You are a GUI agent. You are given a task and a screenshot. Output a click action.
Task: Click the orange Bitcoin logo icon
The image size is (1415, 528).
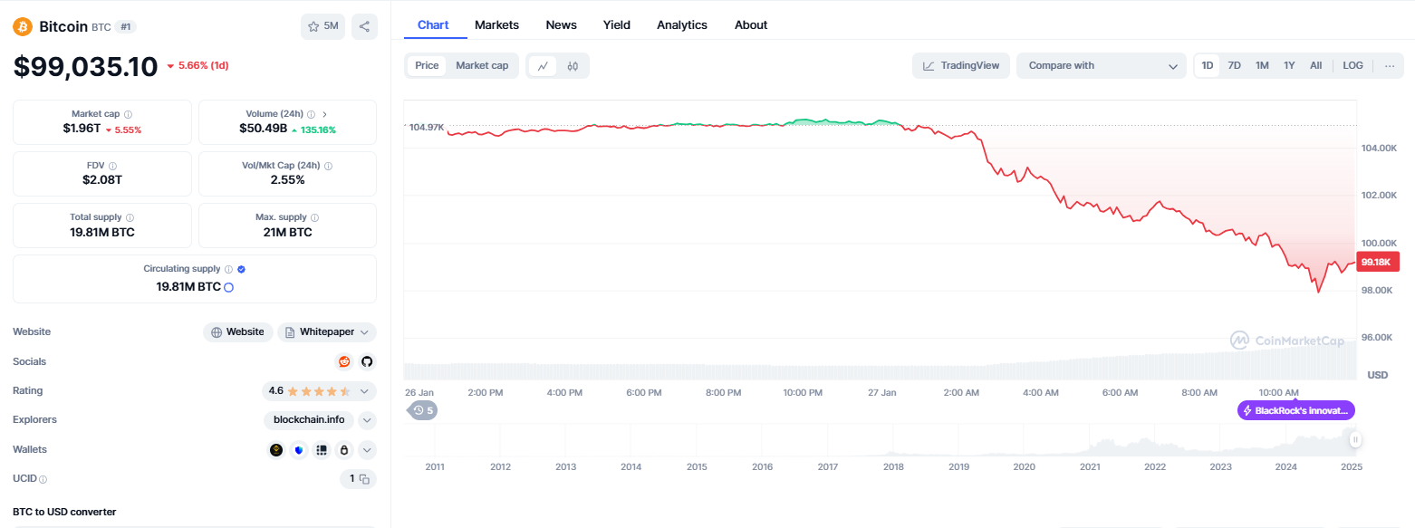23,26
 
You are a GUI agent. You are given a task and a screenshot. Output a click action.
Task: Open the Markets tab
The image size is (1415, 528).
496,25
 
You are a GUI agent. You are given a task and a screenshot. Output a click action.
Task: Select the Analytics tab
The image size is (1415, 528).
681,25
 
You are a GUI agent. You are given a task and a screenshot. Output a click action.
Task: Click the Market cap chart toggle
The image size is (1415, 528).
482,66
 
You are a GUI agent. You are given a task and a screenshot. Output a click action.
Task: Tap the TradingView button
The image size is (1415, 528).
961,66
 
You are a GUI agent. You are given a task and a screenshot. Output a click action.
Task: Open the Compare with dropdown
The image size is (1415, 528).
1101,66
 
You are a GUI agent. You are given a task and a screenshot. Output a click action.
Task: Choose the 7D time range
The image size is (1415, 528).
1235,66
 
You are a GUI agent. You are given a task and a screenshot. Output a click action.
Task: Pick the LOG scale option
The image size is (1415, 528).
1352,66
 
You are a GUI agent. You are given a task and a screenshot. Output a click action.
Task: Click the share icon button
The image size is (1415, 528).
364,26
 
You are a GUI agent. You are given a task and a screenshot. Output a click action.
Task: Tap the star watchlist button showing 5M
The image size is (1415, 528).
322,26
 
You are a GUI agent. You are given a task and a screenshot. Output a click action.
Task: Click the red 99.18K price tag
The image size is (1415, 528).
1378,262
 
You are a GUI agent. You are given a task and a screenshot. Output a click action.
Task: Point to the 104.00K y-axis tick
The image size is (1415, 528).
1379,149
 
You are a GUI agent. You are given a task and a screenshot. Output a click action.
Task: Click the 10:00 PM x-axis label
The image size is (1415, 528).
803,393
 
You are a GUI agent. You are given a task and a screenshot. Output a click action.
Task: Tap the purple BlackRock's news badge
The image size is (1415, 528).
1295,410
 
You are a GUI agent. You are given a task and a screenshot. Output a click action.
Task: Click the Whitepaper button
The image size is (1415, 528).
327,332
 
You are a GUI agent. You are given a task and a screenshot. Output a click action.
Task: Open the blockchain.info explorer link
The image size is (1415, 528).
309,420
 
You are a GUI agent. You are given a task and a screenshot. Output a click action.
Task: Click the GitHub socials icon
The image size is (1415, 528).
367,362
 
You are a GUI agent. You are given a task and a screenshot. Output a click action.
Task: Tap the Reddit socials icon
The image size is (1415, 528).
344,362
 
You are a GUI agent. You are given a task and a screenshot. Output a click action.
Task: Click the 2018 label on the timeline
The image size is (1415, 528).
893,466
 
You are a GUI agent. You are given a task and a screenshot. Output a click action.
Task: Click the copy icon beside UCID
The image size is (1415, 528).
364,479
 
